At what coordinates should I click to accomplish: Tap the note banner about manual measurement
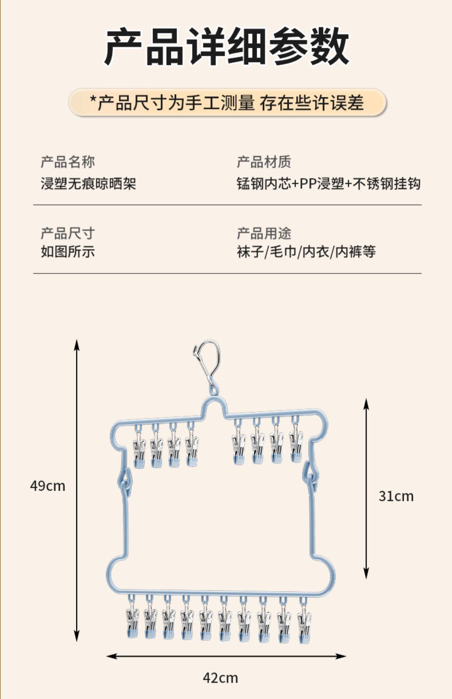tap(227, 103)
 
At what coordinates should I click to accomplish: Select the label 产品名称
tap(68, 162)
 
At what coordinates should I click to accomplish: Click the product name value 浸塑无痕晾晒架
tap(88, 183)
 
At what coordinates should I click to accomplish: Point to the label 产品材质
tap(264, 162)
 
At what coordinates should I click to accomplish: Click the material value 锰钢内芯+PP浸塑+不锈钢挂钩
tap(328, 183)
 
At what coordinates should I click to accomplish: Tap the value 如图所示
tap(68, 252)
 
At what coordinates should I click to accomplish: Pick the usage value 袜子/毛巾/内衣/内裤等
tap(306, 252)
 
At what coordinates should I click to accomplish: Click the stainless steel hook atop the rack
tap(207, 365)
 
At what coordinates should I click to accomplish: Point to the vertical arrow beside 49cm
tap(77, 491)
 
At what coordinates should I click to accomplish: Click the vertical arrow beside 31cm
tap(366, 488)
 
